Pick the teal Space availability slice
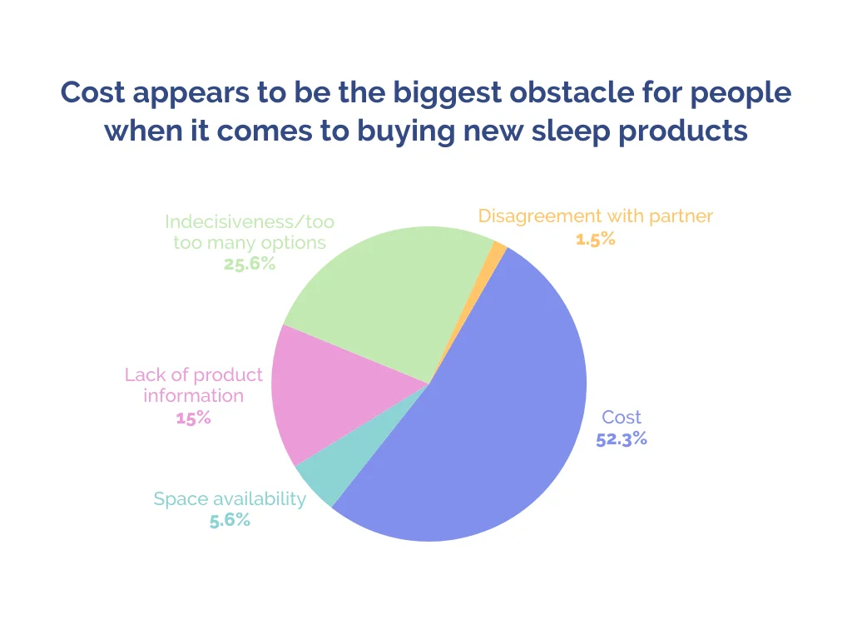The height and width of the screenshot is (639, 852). coord(333,474)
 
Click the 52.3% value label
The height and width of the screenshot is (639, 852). coord(622,438)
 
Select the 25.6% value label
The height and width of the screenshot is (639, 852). coord(249,264)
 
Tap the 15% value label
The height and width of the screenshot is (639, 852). coord(193,417)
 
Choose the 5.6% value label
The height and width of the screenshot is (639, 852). coord(230,520)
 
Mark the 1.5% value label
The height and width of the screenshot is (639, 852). coord(596,238)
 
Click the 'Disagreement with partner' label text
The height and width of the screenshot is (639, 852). coord(596,216)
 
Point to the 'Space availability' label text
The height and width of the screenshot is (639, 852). coord(230,499)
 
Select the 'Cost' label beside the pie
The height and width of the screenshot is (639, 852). coord(622,417)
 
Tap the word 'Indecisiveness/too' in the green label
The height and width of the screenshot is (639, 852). coord(250,222)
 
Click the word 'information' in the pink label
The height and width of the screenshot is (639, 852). coord(193,395)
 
